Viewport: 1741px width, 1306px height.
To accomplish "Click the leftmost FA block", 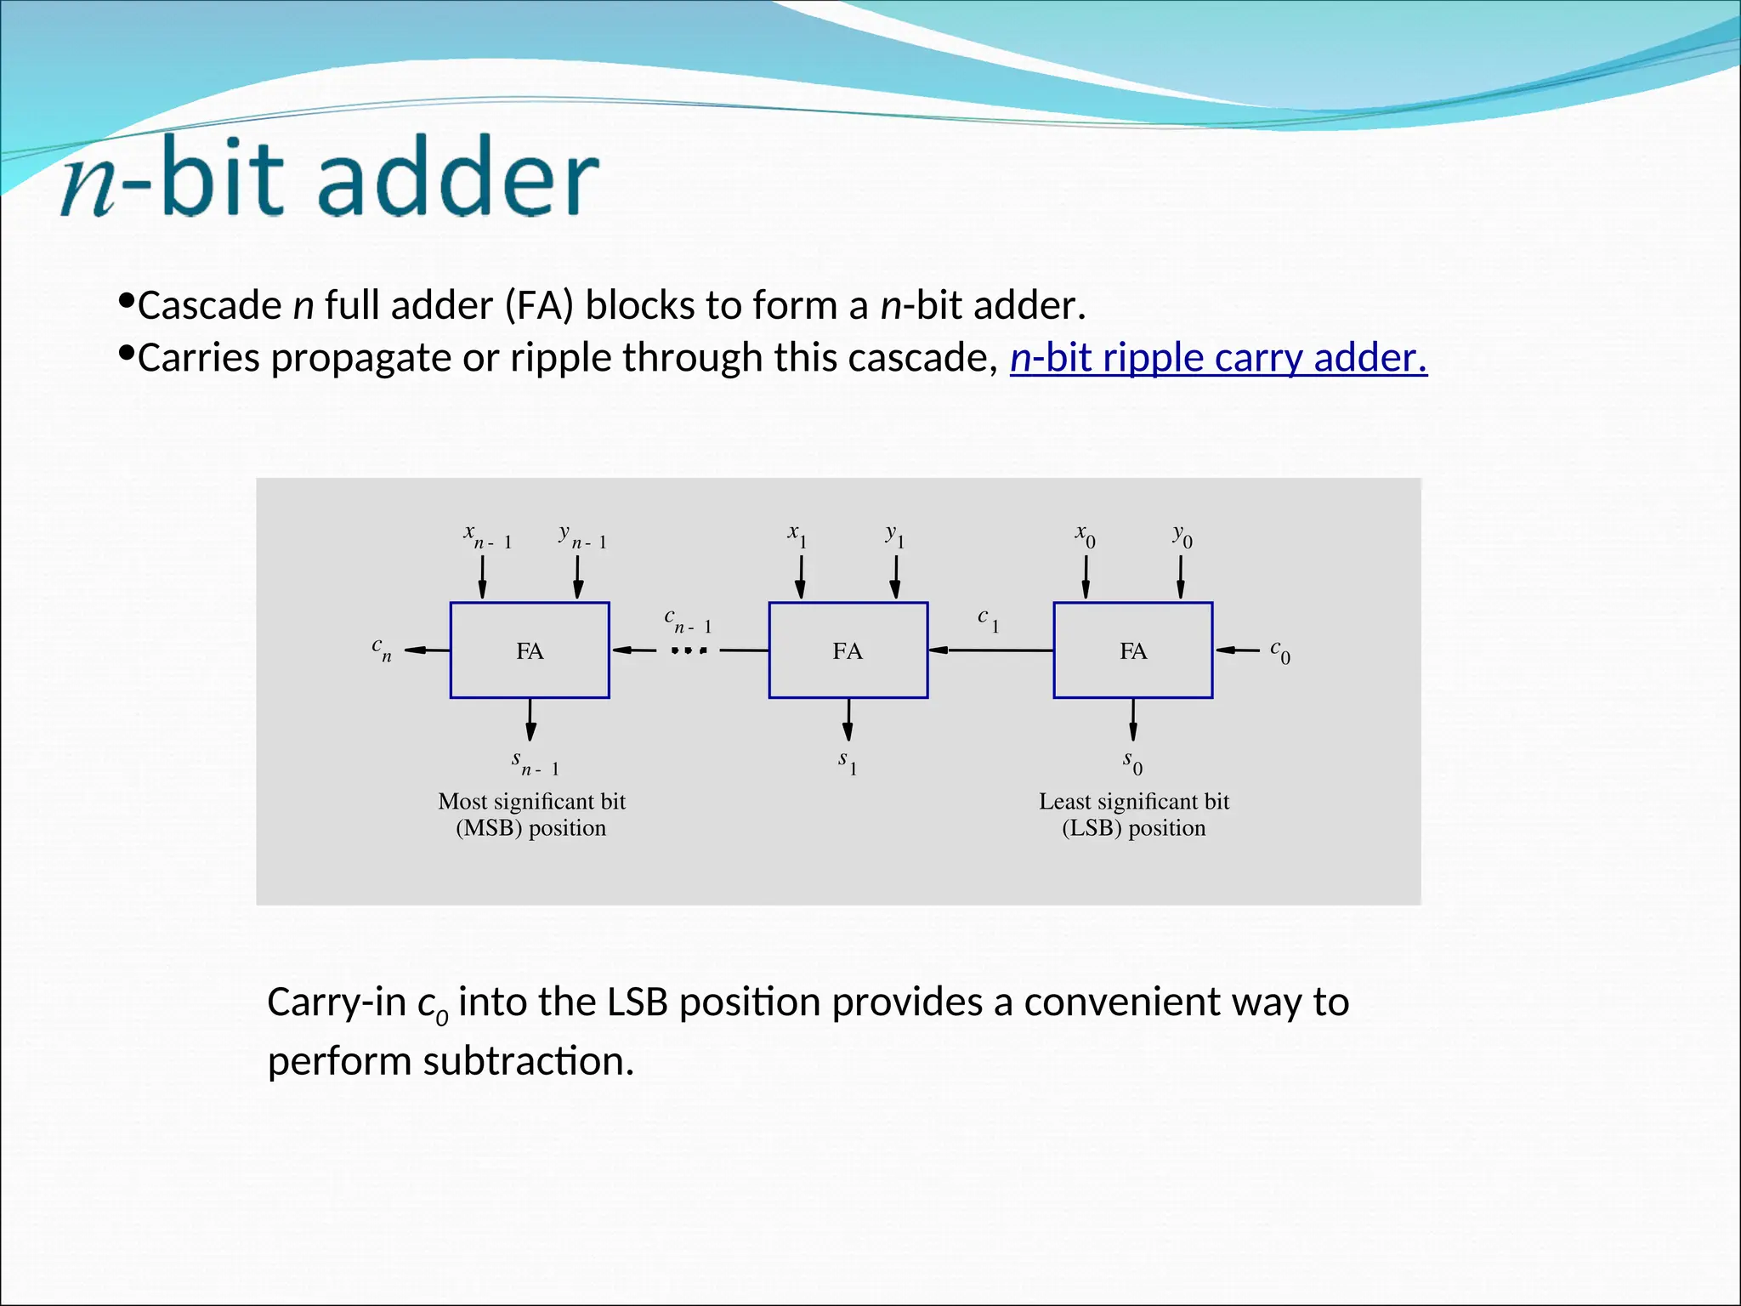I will coord(530,650).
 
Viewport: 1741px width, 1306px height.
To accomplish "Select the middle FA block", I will coord(848,650).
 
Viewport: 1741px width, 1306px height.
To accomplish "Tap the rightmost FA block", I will coord(1132,650).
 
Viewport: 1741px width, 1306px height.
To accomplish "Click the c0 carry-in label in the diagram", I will coord(1280,652).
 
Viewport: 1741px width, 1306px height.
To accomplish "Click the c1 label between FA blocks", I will coord(988,620).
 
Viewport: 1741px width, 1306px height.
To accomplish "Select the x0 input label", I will coord(1086,536).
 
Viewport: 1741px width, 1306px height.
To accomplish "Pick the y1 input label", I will coord(894,536).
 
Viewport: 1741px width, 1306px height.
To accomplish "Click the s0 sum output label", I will coord(1132,762).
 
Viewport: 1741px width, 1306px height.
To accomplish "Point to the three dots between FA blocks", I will coord(689,651).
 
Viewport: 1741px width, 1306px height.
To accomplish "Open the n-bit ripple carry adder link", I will coord(1217,358).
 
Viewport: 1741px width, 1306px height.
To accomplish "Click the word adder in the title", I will coord(459,178).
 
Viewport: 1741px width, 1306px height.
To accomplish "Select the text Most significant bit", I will coord(531,801).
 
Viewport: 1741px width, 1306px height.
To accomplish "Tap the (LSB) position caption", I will coord(1133,827).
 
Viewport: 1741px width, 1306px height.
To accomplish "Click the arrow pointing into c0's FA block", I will coord(1237,650).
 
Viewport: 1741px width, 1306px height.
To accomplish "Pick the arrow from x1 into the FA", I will coord(800,578).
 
